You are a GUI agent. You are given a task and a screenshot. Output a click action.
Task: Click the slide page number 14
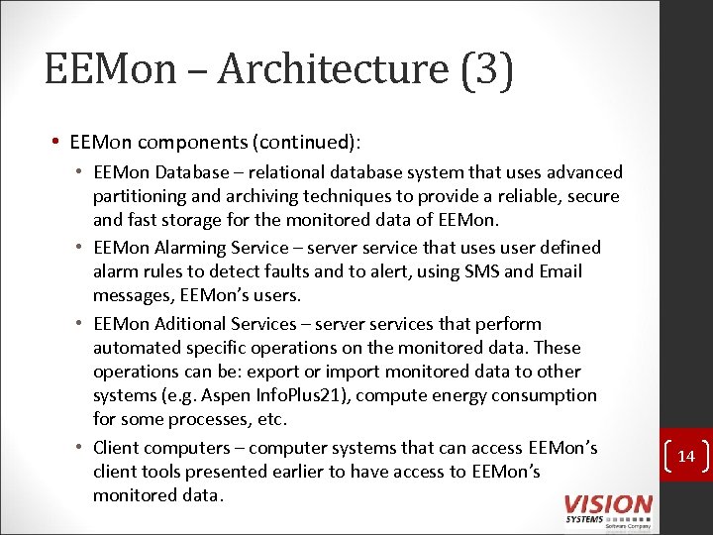point(687,457)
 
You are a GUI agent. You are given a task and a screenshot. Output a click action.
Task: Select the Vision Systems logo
point(608,508)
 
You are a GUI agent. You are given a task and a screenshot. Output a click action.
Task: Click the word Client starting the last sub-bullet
point(117,448)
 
